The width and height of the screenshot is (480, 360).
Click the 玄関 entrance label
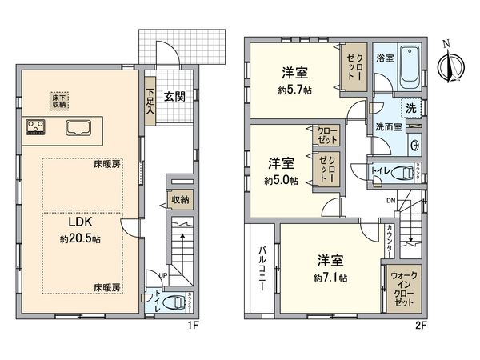click(175, 97)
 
